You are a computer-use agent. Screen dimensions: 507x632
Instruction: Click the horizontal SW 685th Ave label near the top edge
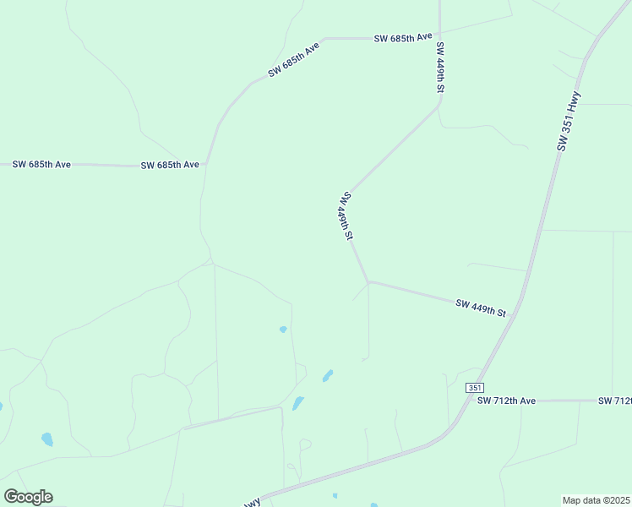(x=403, y=37)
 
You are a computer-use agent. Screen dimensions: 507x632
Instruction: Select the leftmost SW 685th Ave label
(x=41, y=164)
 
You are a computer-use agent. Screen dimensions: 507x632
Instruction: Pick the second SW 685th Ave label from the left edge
(x=169, y=165)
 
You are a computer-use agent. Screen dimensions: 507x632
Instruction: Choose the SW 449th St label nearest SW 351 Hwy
(x=480, y=308)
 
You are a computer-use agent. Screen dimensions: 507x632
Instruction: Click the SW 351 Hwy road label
(x=569, y=121)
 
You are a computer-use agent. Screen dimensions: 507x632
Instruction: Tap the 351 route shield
(x=474, y=387)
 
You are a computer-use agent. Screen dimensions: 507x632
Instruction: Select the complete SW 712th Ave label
(x=507, y=400)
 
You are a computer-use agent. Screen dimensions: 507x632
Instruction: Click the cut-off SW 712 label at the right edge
(x=615, y=400)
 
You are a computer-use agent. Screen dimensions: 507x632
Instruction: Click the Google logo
(x=28, y=497)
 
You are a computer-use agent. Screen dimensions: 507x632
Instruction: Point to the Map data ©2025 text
(x=596, y=499)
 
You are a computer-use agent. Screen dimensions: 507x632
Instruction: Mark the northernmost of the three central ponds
(x=283, y=329)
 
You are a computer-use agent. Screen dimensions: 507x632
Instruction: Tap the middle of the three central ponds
(x=327, y=375)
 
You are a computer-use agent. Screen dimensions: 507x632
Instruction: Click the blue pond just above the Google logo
(x=47, y=439)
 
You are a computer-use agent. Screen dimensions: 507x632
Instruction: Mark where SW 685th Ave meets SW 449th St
(x=439, y=37)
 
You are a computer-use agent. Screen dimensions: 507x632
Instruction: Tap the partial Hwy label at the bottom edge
(x=251, y=503)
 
